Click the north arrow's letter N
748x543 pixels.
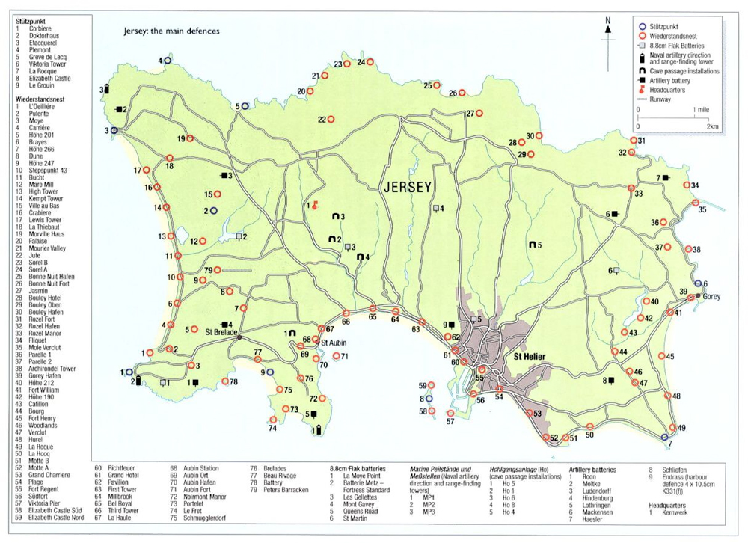click(609, 20)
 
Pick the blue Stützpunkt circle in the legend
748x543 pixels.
click(642, 24)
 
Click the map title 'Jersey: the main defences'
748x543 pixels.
click(172, 33)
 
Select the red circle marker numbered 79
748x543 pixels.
click(217, 270)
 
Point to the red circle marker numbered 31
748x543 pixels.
click(633, 141)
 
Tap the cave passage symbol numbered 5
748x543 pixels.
click(531, 244)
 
